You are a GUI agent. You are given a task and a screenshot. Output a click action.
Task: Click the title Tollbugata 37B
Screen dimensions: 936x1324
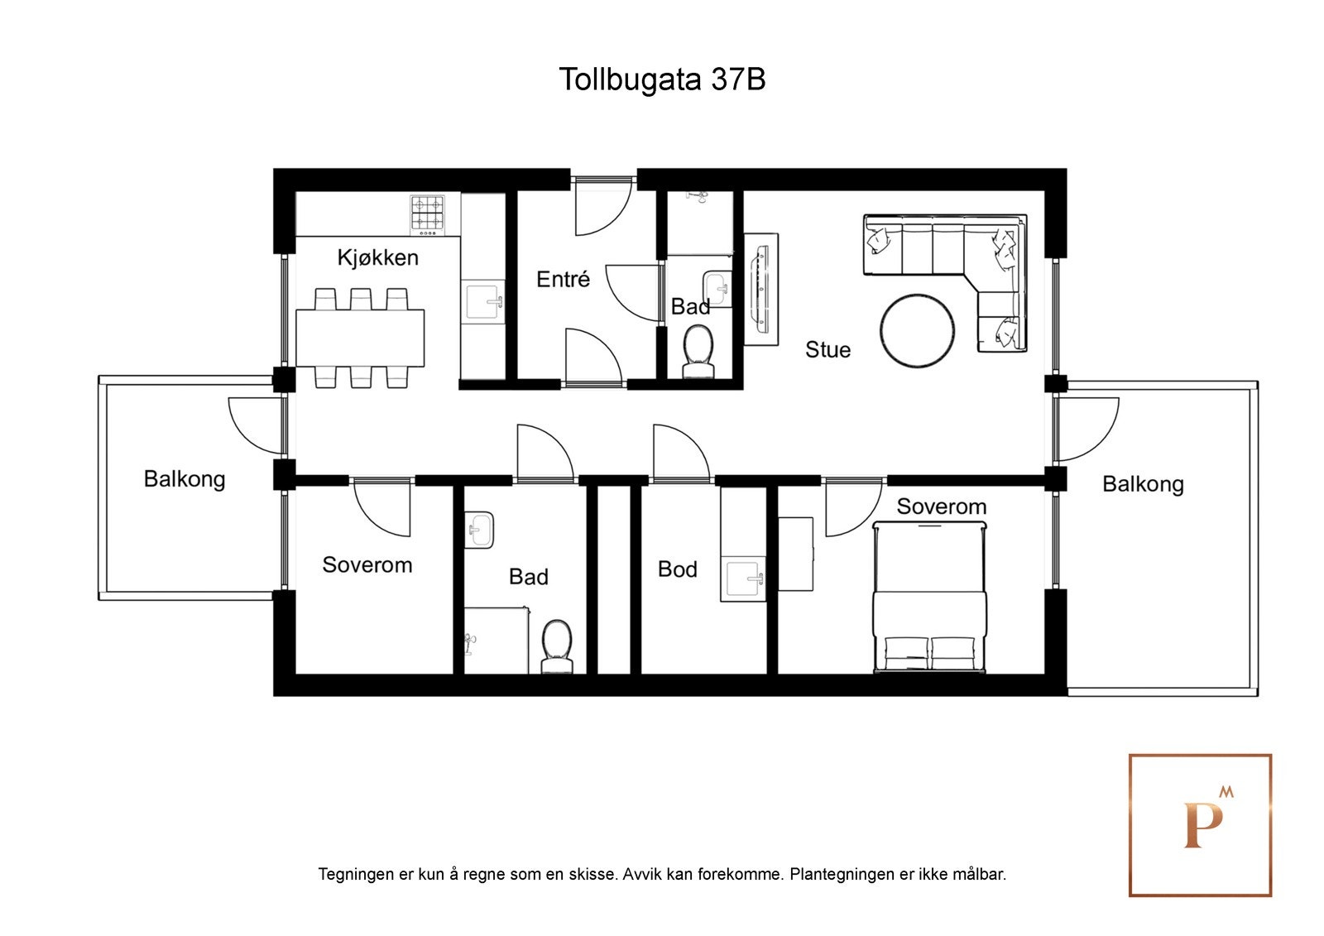[661, 79]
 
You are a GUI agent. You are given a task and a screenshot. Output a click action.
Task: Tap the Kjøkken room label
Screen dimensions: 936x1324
[377, 257]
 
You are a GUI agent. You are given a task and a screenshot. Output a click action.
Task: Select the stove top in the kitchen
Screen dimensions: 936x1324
[428, 212]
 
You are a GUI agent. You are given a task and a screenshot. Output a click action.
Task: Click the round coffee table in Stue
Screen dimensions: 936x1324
[917, 330]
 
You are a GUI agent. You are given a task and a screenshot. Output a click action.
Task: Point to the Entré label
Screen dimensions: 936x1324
[563, 279]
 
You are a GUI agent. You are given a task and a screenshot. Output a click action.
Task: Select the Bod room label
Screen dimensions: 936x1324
[677, 569]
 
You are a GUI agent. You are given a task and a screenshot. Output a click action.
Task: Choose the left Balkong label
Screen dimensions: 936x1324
[184, 479]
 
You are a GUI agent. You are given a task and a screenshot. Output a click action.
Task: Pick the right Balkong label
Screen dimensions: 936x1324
[1142, 484]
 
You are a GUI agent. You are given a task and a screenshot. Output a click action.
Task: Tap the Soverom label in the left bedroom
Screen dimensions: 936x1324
[367, 565]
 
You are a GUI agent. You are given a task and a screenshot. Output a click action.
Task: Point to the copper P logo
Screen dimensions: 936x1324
[1200, 824]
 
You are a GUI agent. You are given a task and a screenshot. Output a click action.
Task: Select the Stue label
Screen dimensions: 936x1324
[827, 350]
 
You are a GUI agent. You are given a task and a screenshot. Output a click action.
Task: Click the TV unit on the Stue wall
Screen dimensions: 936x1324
[761, 289]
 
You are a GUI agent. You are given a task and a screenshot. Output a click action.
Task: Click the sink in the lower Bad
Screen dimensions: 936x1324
[479, 530]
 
